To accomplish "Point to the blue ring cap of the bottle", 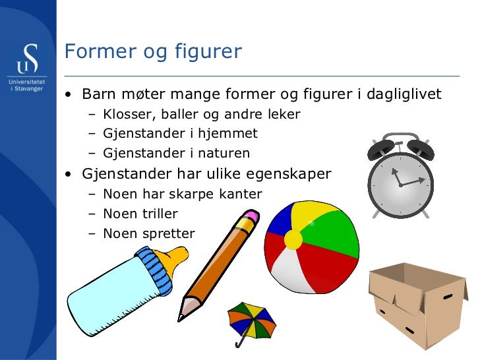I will [x=156, y=270].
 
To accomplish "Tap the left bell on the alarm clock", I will [x=381, y=148].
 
